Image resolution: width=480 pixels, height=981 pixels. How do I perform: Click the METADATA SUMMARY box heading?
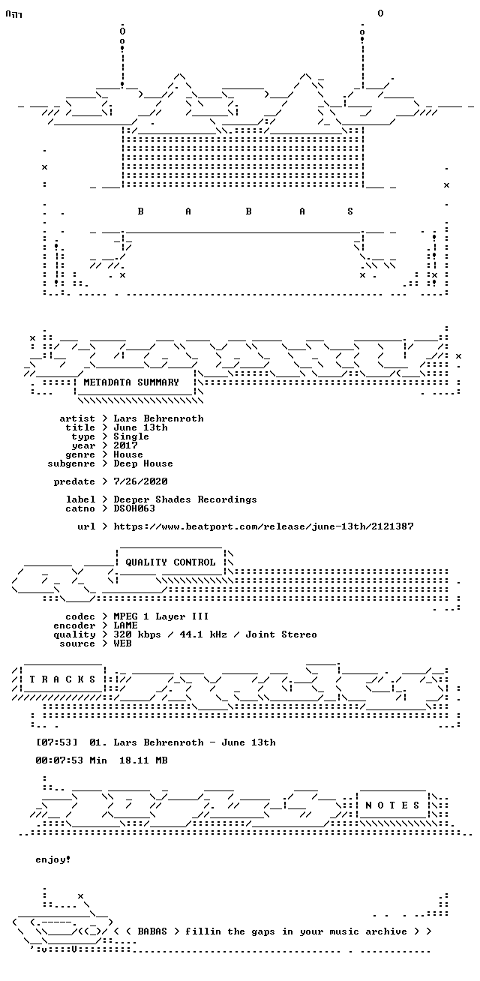coord(131,382)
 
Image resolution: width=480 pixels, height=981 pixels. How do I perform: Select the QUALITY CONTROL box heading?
coord(170,562)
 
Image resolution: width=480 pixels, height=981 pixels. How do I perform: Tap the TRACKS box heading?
coord(62,679)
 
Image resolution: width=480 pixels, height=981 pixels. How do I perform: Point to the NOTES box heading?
coord(392,805)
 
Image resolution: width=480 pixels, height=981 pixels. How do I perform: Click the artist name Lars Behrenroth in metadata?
coord(158,418)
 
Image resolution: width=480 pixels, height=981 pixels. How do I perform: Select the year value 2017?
coord(125,445)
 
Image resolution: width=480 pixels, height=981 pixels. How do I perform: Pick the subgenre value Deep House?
coord(143,463)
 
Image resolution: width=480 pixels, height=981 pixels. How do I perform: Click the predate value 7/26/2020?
coord(140,481)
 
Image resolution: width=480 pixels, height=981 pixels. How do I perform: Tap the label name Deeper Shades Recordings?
coord(184,499)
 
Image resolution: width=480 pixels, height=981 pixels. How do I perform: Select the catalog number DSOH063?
coord(134,508)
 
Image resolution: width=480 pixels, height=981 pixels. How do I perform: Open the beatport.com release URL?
coord(263,526)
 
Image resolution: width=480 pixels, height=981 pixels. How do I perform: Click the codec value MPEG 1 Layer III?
coord(161,616)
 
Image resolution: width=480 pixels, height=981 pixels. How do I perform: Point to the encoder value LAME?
coord(125,625)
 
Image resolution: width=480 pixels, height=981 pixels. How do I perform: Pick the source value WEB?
coord(122,643)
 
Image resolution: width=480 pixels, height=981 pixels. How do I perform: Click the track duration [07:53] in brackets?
coord(56,742)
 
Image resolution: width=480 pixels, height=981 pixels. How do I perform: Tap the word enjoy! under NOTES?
coord(53,859)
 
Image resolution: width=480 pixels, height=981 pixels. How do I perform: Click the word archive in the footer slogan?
coord(386,931)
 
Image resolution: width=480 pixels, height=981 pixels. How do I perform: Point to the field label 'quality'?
coord(74,635)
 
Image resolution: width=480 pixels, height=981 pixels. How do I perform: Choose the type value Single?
coord(131,436)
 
